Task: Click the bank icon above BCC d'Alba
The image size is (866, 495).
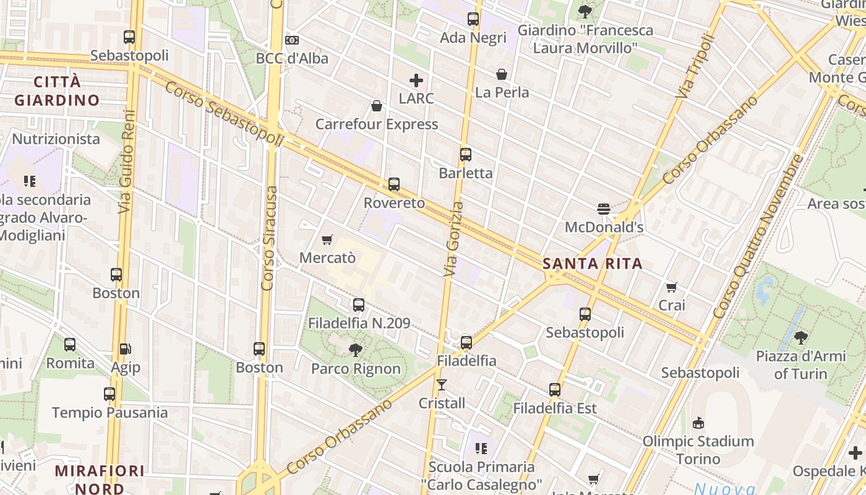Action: tap(292, 40)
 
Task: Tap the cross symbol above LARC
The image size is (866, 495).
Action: tap(416, 80)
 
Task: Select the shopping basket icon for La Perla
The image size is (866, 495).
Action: tap(502, 74)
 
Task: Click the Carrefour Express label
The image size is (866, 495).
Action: tap(377, 124)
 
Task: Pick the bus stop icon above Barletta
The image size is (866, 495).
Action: tap(466, 155)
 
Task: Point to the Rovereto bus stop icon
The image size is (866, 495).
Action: tap(394, 184)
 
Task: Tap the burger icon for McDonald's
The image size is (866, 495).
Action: tap(604, 209)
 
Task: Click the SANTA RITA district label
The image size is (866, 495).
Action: tap(593, 264)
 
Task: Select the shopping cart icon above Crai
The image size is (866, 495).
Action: tap(672, 287)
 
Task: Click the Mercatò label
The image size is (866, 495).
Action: tap(327, 257)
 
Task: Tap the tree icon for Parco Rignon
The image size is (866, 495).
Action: tap(355, 350)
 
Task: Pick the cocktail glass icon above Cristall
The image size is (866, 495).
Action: tap(442, 385)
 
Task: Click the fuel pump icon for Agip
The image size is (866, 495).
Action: tap(125, 349)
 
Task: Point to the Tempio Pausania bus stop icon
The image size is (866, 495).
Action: tap(109, 394)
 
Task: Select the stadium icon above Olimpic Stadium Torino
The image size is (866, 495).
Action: tap(698, 423)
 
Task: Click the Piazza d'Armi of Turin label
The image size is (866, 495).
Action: tap(800, 365)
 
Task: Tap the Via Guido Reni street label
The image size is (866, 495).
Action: tap(127, 162)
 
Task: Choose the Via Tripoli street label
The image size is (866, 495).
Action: tap(695, 66)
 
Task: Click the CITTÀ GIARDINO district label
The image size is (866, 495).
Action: tap(57, 91)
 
